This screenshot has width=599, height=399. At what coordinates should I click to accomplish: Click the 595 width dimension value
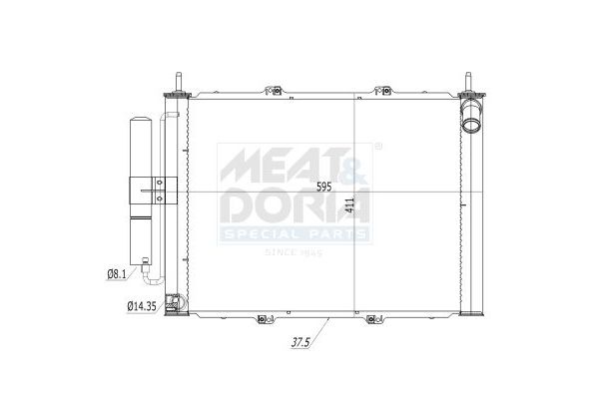324,187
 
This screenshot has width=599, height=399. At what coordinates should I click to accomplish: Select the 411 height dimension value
348,205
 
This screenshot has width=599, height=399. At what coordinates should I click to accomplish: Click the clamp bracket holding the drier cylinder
153,189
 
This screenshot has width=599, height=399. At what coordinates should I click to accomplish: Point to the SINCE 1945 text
295,252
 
